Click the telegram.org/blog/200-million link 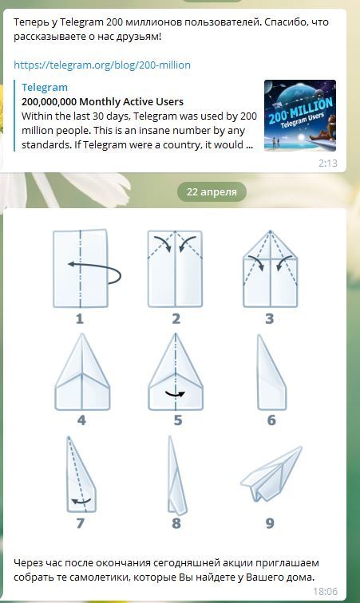(102, 65)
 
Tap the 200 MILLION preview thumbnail (300, 116)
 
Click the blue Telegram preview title (45, 88)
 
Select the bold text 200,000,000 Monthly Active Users (102, 102)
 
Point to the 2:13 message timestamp (328, 164)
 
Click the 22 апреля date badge (212, 192)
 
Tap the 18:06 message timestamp (326, 592)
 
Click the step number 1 (79, 319)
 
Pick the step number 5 (177, 420)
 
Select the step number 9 (270, 523)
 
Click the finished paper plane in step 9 (271, 474)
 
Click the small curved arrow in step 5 (175, 394)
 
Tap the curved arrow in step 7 (81, 501)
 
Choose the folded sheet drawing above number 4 (82, 372)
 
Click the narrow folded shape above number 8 (176, 475)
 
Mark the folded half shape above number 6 (271, 372)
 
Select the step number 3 (270, 319)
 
